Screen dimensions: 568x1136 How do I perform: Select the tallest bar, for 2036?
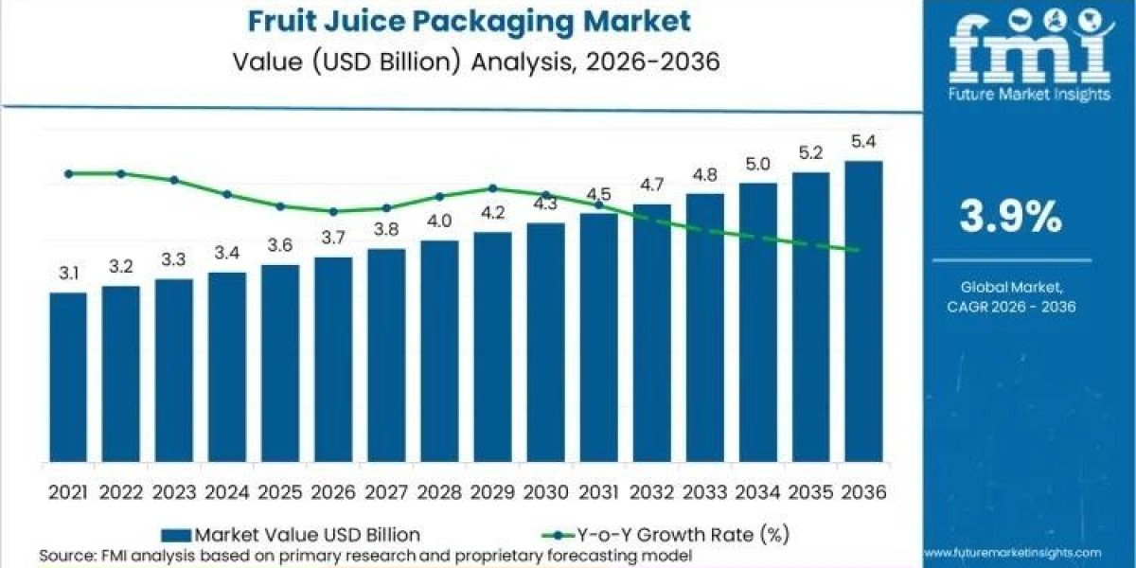(863, 312)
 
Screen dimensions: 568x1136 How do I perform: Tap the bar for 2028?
(439, 351)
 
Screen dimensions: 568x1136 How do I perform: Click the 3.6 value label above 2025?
(280, 244)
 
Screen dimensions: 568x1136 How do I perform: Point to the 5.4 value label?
(863, 142)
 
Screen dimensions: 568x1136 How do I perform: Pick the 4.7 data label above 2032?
(651, 185)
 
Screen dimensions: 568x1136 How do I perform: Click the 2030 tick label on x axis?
(545, 492)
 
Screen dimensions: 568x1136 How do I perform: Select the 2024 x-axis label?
(227, 492)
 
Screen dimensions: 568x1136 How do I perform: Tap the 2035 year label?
(810, 492)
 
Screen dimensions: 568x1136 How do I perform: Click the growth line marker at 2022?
(121, 173)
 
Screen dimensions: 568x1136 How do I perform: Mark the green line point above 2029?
(492, 187)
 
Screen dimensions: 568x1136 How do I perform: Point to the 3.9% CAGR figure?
(1011, 218)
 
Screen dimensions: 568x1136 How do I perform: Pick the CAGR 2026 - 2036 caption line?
(1011, 306)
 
